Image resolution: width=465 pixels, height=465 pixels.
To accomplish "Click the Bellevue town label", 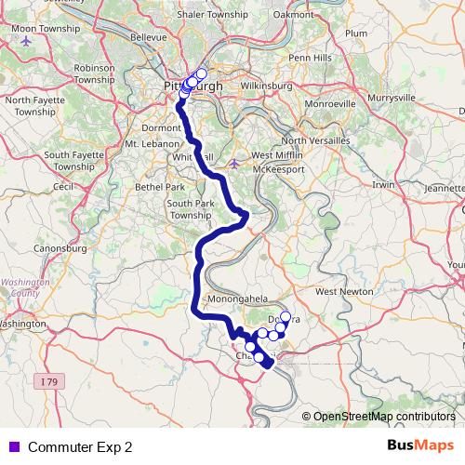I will [x=149, y=37].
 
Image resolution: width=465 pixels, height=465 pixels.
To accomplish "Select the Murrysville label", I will [x=392, y=96].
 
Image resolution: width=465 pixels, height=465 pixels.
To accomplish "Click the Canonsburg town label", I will [x=59, y=248].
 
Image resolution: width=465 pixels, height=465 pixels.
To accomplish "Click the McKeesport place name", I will [x=288, y=169].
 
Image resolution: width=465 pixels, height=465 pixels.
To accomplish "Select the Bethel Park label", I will [x=153, y=186].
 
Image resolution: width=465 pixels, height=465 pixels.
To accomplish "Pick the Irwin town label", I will [x=383, y=185].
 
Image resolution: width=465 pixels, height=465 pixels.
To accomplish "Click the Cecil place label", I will [x=63, y=186].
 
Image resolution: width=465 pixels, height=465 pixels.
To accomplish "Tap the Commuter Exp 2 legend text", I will [x=80, y=446].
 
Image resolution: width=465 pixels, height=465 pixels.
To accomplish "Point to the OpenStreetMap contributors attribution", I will [x=384, y=416].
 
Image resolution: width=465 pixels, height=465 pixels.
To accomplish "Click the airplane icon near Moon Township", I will [x=25, y=42].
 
